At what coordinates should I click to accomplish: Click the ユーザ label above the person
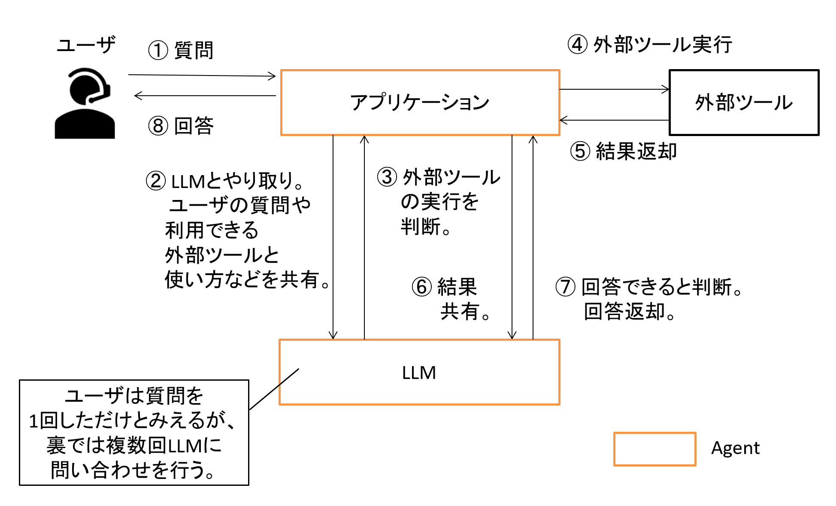coord(86,45)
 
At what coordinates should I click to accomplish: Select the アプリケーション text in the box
coord(420,103)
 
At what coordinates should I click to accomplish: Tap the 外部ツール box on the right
coord(744,103)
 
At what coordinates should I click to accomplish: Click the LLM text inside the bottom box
coord(419,373)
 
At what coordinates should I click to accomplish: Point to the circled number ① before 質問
coord(158,51)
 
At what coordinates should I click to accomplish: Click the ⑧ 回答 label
coord(181,126)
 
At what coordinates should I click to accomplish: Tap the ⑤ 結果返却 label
coord(624,151)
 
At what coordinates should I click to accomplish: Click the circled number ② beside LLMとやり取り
coord(155,181)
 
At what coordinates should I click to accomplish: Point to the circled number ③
coord(387,177)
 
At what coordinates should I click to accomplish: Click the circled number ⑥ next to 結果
coord(421,287)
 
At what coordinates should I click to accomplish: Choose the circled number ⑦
coord(565,287)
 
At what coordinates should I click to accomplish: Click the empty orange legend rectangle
coord(654,449)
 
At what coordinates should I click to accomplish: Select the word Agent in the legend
coord(735,448)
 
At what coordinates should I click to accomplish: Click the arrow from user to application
coord(202,76)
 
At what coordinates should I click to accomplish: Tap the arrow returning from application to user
coord(205,96)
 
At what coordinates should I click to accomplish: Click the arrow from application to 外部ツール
coord(614,89)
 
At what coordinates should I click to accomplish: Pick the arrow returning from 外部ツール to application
coord(614,120)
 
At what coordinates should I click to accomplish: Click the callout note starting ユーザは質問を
coord(134,433)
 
